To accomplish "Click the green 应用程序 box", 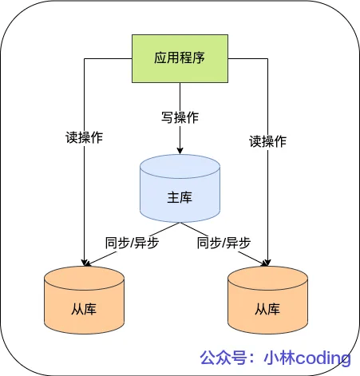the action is pos(180,58).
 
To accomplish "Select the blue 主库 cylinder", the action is pos(180,188).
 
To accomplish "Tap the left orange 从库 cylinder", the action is pos(84,300).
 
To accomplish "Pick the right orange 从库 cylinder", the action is pos(267,300).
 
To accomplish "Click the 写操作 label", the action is pos(180,117).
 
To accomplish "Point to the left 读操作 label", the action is pos(84,137).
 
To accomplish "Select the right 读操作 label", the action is pos(267,141).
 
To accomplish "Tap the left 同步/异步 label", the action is pos(133,243).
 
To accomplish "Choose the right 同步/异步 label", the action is pos(224,243).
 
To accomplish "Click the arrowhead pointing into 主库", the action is pos(180,151).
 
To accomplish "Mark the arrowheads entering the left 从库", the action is pos(85,263).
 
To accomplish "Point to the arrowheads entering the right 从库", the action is pos(267,263).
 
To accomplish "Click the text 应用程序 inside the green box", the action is pos(180,57).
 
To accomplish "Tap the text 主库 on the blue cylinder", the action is pos(180,197).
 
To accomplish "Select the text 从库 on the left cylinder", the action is pos(84,309).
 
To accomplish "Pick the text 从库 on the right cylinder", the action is pos(267,309).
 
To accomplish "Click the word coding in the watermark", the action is pos(323,358).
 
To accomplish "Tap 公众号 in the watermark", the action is pos(224,358).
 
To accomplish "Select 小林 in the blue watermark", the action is pos(279,358).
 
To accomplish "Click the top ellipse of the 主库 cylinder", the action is pos(180,166).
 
